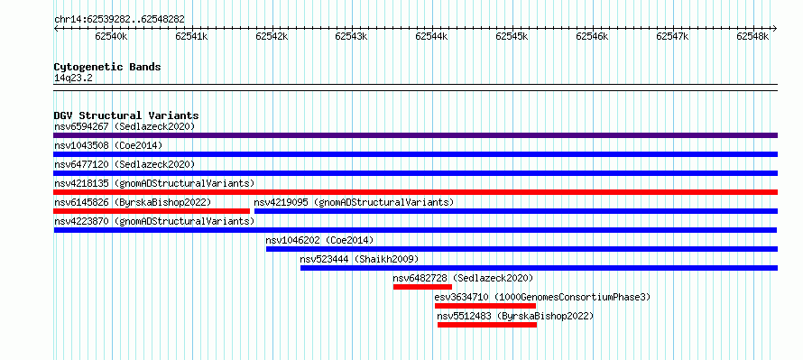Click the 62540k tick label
(111, 36)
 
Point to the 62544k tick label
(431, 36)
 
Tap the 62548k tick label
(752, 36)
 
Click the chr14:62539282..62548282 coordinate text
(119, 19)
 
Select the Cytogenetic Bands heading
(107, 67)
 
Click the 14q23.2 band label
(73, 78)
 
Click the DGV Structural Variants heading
(126, 115)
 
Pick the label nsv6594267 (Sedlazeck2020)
(125, 126)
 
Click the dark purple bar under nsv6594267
(415, 135)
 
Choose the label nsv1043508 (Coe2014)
(108, 145)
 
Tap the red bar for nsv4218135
(415, 192)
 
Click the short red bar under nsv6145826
(152, 211)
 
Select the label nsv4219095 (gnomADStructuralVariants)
(354, 202)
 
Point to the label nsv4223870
(81, 221)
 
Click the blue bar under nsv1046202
(521, 249)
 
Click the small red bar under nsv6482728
(422, 287)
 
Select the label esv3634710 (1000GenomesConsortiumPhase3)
(542, 297)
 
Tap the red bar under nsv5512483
(487, 325)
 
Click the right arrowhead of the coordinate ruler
(775, 29)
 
